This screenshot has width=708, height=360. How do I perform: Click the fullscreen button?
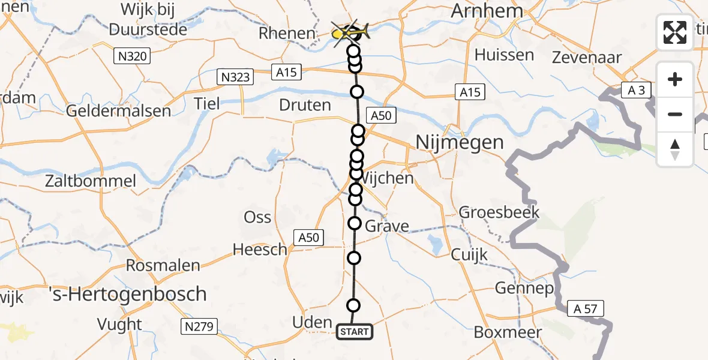pyautogui.click(x=675, y=32)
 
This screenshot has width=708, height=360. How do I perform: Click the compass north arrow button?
pyautogui.click(x=675, y=149)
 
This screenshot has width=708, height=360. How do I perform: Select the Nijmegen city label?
pyautogui.click(x=460, y=143)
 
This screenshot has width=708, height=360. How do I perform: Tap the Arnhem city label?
pyautogui.click(x=487, y=11)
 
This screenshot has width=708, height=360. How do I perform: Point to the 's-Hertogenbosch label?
pyautogui.click(x=127, y=295)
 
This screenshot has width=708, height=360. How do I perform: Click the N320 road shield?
pyautogui.click(x=132, y=57)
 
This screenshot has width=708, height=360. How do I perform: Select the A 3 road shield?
pyautogui.click(x=636, y=91)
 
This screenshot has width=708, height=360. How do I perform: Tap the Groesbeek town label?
pyautogui.click(x=499, y=212)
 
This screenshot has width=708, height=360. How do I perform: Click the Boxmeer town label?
pyautogui.click(x=508, y=332)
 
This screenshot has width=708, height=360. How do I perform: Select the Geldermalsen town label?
pyautogui.click(x=118, y=111)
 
